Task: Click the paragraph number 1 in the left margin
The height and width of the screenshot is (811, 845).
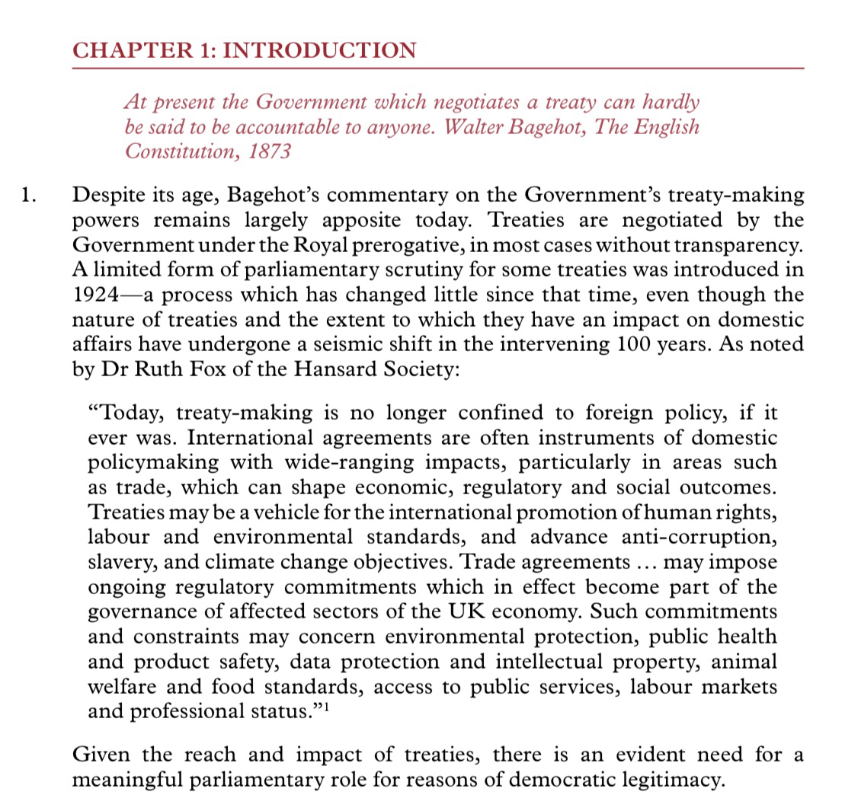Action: click(27, 196)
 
